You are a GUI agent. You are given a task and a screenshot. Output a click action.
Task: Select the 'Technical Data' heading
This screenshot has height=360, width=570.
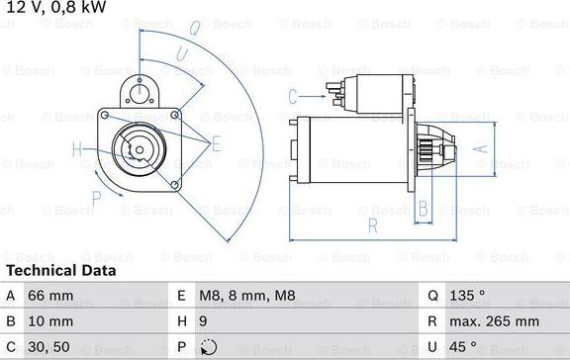(60, 270)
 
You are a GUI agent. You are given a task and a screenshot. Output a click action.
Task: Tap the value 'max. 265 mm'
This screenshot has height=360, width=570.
(492, 321)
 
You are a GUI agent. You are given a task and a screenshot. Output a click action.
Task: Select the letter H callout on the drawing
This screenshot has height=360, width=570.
(77, 150)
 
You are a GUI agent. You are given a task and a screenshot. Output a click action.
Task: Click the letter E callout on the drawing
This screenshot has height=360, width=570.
(216, 143)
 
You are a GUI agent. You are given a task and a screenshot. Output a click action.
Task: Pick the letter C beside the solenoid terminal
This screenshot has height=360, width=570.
(293, 96)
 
